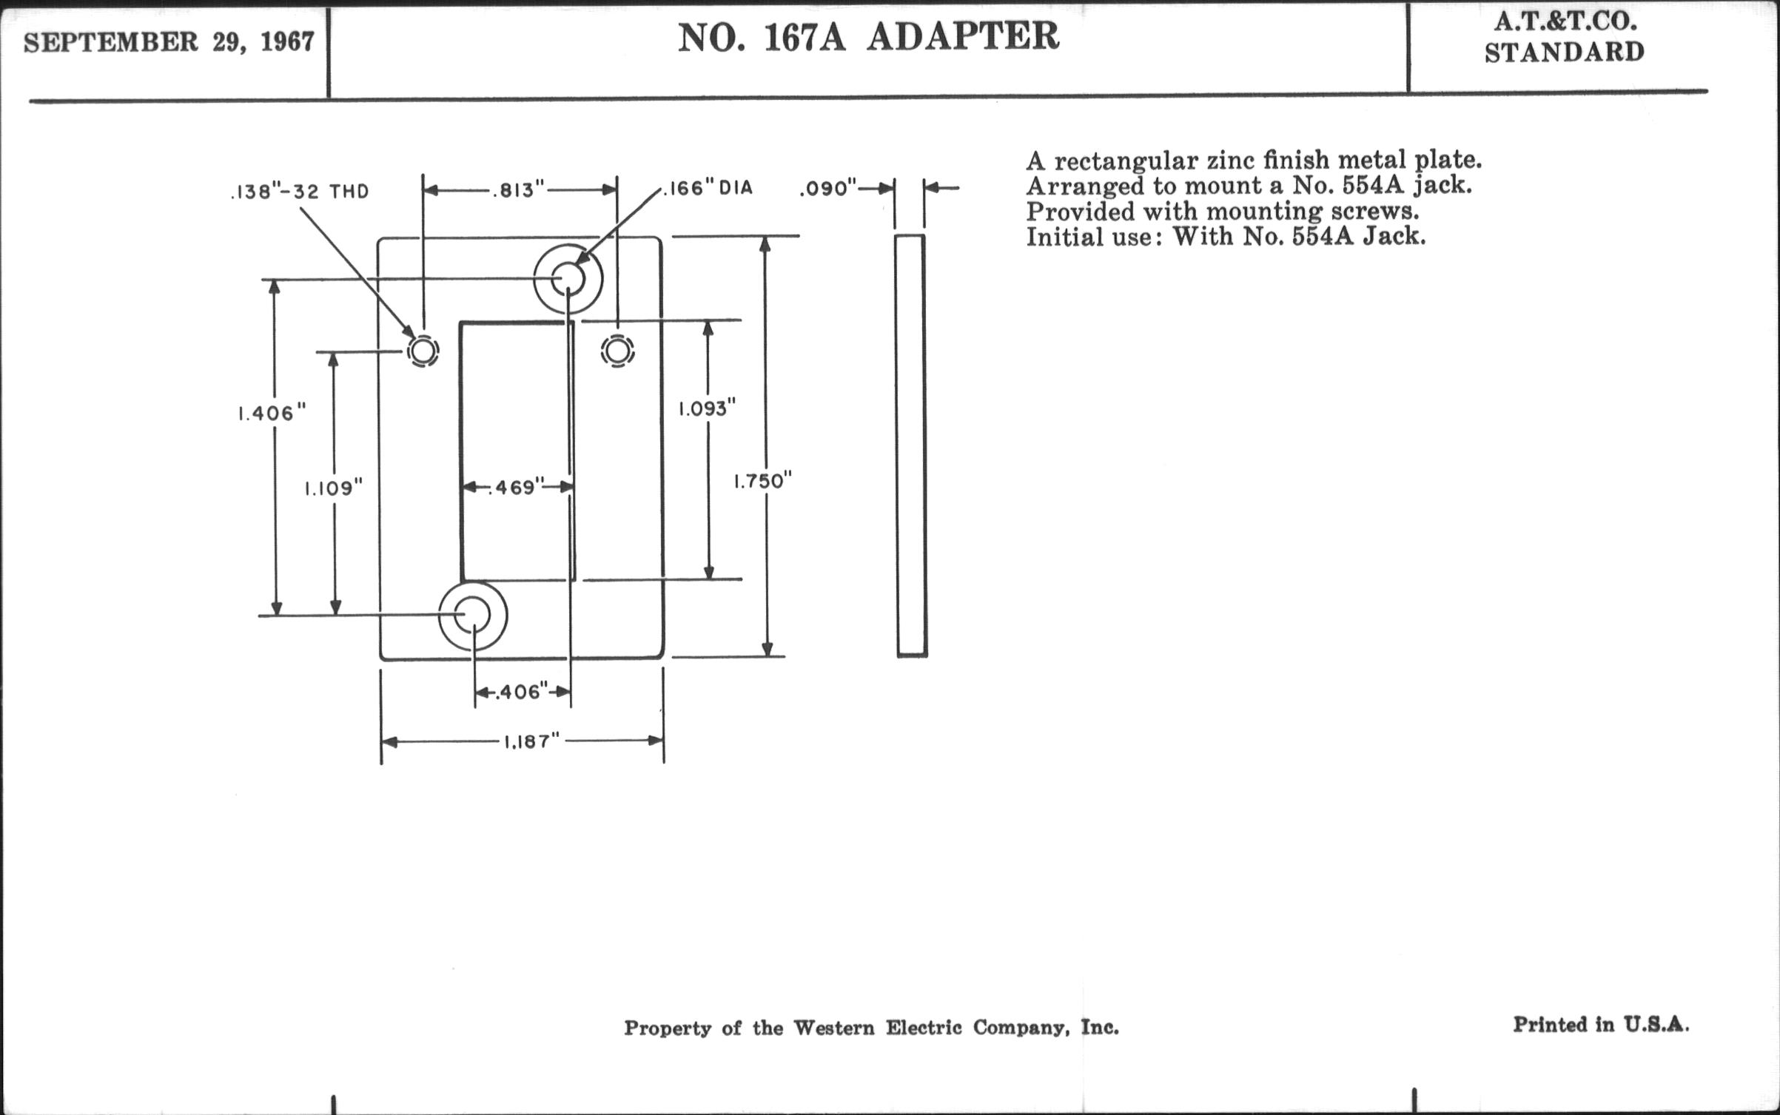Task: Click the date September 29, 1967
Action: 169,42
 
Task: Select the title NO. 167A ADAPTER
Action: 868,37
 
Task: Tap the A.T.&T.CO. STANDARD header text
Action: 1564,37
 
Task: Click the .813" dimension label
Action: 518,190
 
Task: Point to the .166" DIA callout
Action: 707,188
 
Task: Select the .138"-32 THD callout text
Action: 300,192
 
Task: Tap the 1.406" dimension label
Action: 272,413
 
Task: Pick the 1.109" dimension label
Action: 334,488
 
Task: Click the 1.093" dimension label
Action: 708,408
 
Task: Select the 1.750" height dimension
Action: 763,482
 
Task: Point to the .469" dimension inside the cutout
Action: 517,487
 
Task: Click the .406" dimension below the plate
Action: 523,692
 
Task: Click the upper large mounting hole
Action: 568,279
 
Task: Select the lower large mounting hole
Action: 473,616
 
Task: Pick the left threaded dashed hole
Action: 423,351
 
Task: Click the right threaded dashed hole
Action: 617,350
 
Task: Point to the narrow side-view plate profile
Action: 911,445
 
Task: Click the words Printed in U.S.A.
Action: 1601,1025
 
